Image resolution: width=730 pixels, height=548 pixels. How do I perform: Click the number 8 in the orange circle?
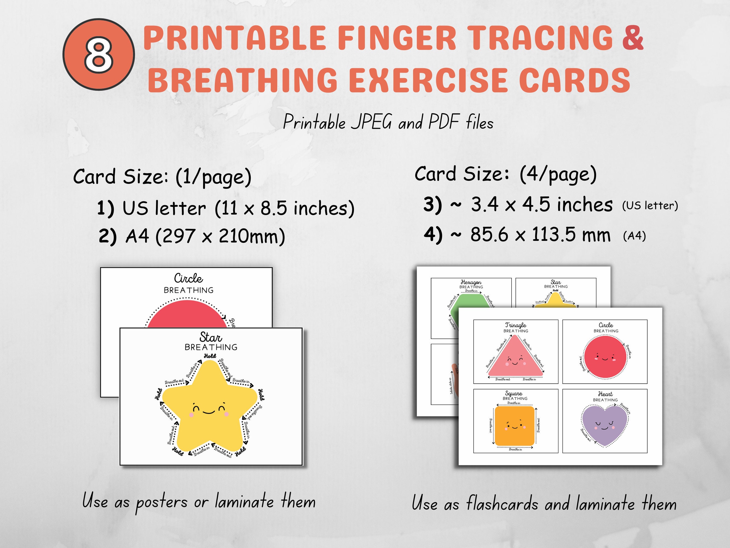tap(98, 55)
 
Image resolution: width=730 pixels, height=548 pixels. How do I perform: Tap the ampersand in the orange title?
tap(633, 39)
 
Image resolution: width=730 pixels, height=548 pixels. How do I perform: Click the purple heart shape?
tap(604, 424)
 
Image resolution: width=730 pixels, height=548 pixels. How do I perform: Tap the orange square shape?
tap(514, 426)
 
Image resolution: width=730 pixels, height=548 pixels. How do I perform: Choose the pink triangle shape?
tap(515, 360)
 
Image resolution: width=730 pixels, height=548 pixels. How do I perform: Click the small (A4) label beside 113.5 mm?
tap(634, 236)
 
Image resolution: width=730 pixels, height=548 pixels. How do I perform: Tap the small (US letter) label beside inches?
tap(650, 206)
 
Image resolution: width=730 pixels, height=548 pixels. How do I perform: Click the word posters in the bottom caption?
tap(162, 503)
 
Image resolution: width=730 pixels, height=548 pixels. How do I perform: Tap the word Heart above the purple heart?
tap(605, 394)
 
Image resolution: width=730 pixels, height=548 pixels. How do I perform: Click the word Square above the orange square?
tap(514, 393)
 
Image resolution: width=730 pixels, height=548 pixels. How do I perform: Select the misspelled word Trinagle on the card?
tap(515, 325)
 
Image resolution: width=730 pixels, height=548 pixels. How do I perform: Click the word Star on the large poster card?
tap(210, 338)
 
